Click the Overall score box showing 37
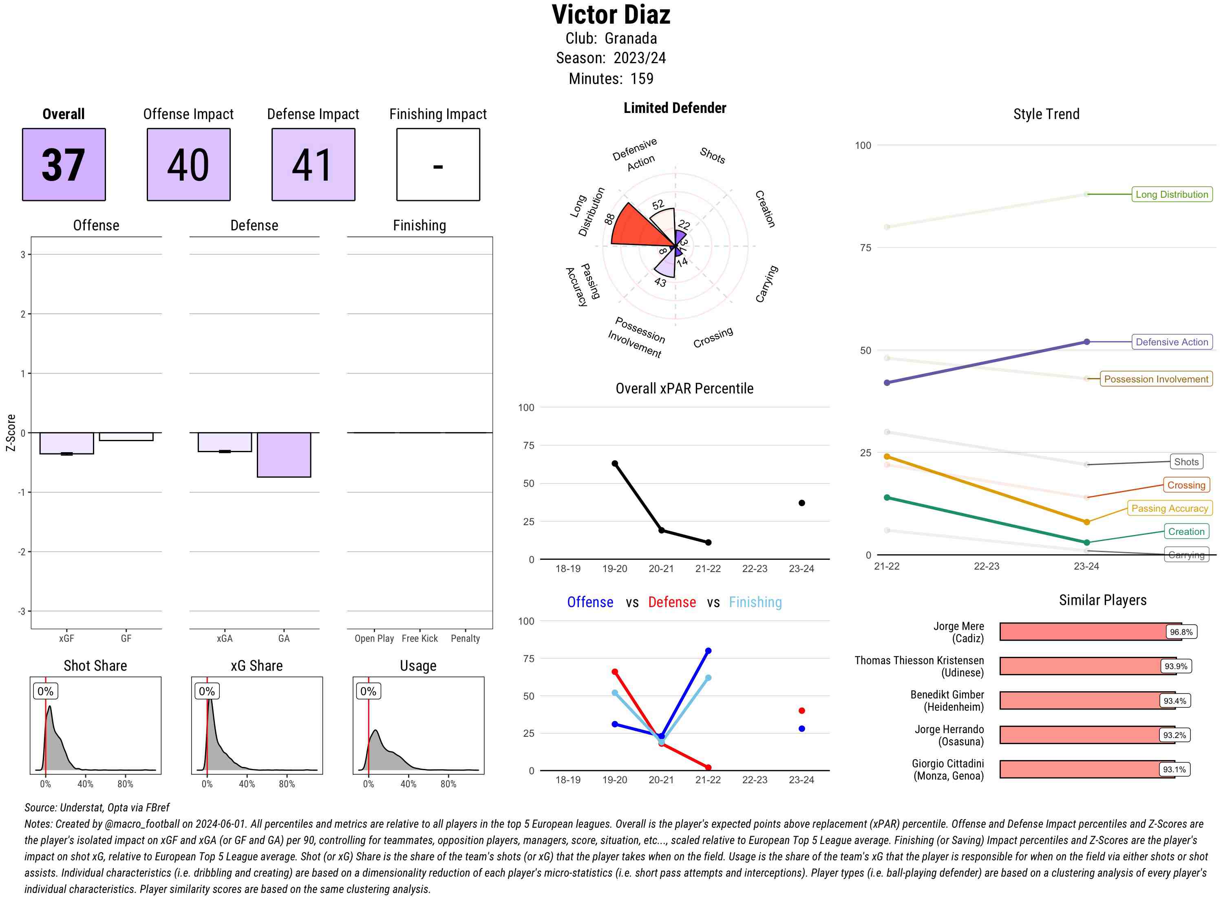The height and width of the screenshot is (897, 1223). (64, 165)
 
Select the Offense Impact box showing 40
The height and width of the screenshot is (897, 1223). (188, 165)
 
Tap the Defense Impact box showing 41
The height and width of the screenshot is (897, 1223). (313, 165)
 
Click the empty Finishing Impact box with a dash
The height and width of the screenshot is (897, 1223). (438, 165)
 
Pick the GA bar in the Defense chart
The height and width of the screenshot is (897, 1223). (284, 455)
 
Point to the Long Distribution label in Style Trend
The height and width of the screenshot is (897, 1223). (1172, 194)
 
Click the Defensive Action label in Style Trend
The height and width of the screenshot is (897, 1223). (1172, 342)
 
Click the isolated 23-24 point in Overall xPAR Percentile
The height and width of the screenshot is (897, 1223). (802, 503)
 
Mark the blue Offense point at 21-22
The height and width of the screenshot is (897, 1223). (709, 650)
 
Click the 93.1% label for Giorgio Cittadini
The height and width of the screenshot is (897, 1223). (1174, 769)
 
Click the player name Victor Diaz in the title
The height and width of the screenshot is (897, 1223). (611, 15)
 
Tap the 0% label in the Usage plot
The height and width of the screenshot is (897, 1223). (368, 691)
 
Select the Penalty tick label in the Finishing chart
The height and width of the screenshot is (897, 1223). (465, 639)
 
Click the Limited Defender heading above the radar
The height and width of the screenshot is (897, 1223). (674, 108)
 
